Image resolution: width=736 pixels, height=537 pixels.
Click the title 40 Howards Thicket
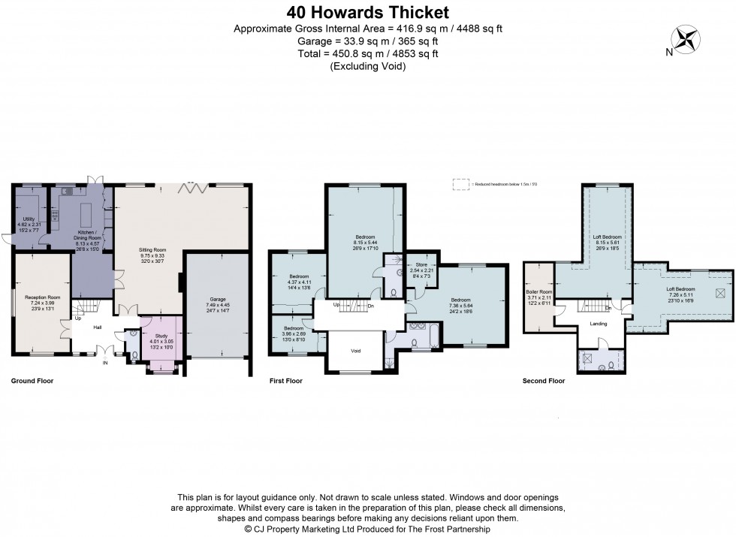(368, 12)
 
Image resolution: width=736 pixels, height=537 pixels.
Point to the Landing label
(599, 324)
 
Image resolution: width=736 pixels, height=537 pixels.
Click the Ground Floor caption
(32, 382)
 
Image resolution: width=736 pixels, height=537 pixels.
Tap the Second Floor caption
(543, 382)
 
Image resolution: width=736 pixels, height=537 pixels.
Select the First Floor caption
(286, 382)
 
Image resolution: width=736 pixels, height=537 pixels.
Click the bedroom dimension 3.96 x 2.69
(294, 334)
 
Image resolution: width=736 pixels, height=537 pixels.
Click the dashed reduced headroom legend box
(460, 183)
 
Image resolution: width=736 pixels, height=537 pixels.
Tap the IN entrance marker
(104, 363)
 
